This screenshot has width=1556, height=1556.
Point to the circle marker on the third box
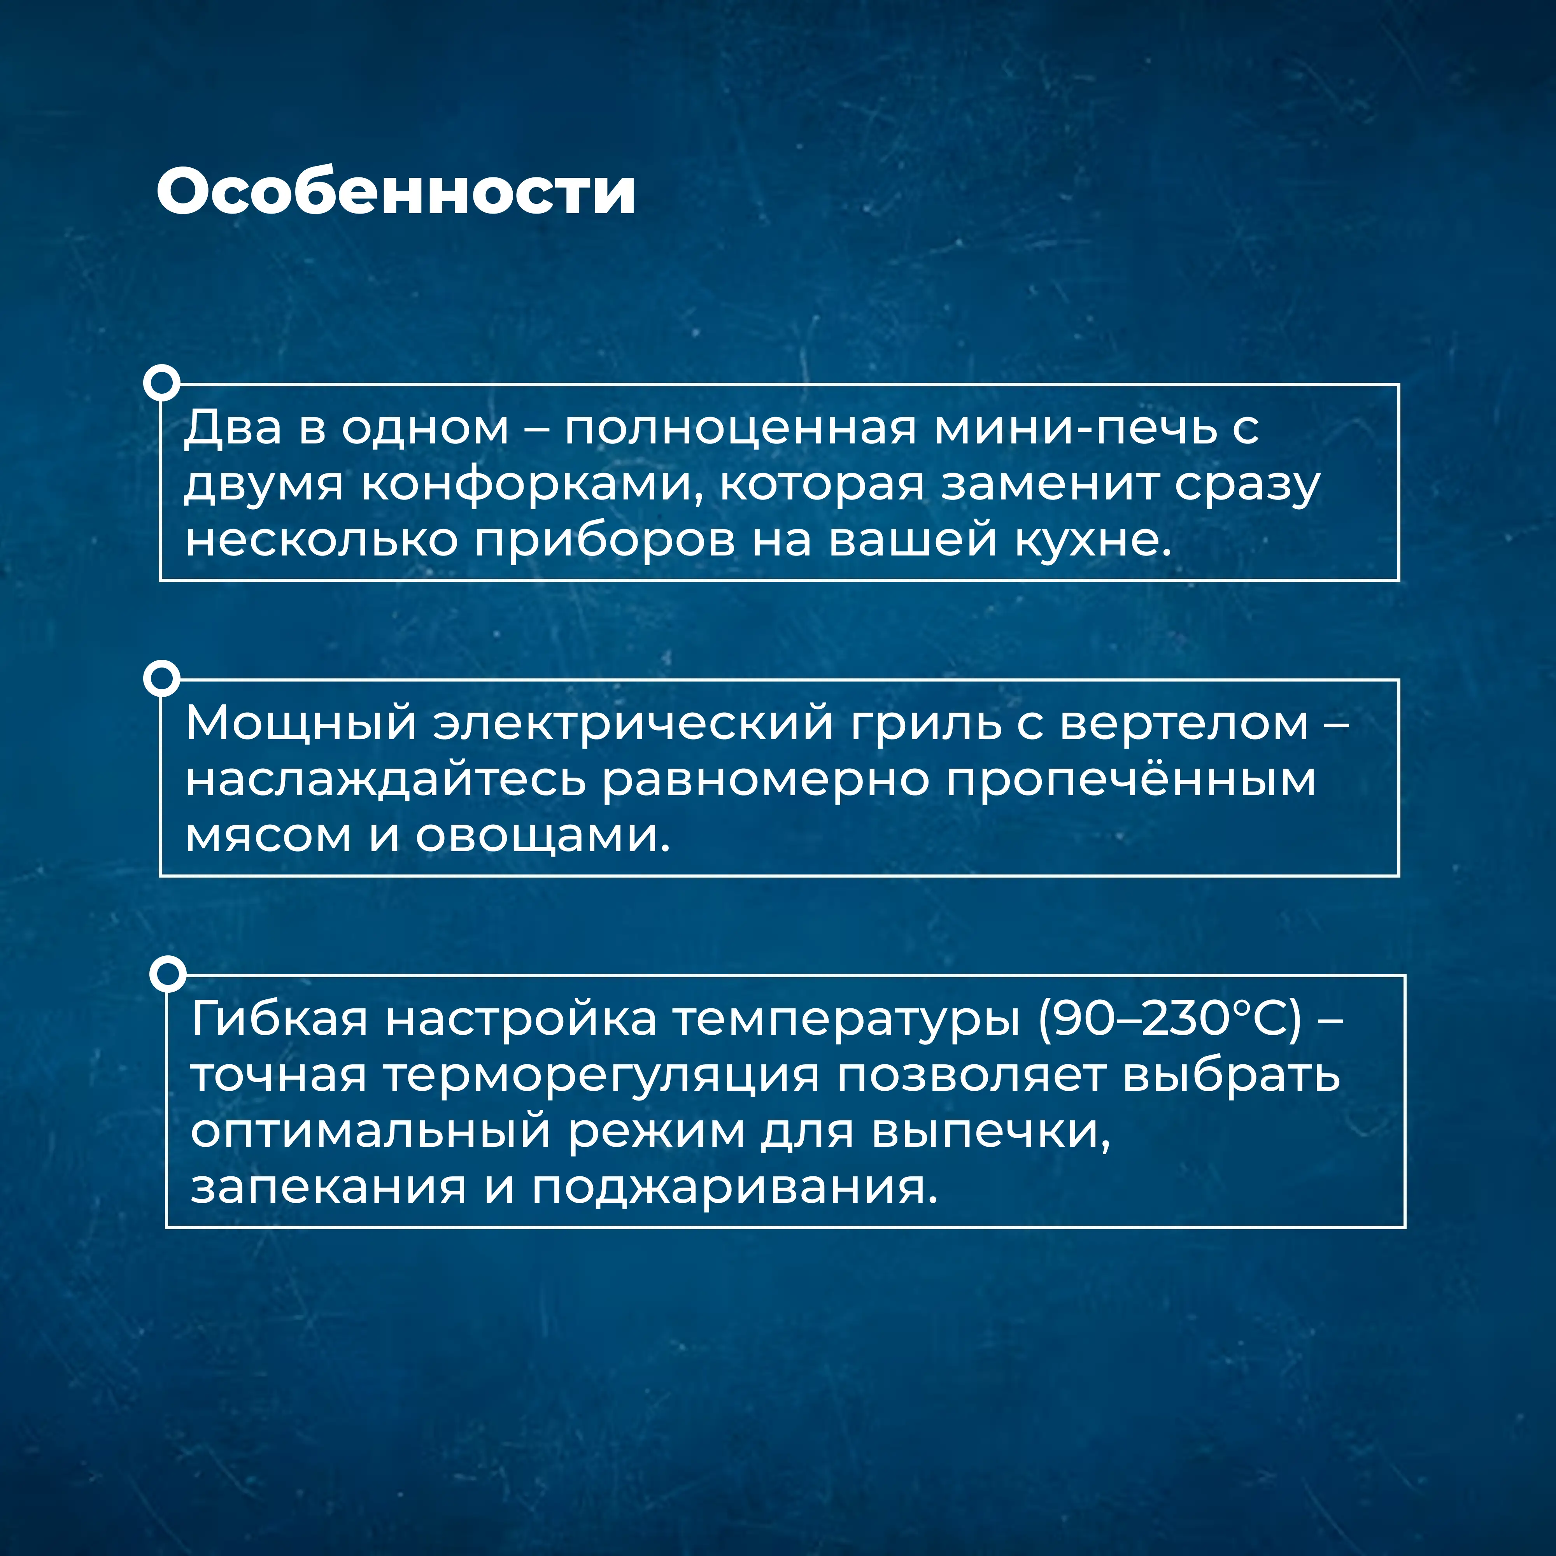pos(168,974)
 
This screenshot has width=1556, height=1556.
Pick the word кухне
pos(1092,540)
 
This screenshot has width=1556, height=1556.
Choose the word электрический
pos(633,723)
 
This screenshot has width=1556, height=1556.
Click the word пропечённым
pos(1131,780)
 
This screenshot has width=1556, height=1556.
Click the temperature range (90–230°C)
pos(1169,1019)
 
